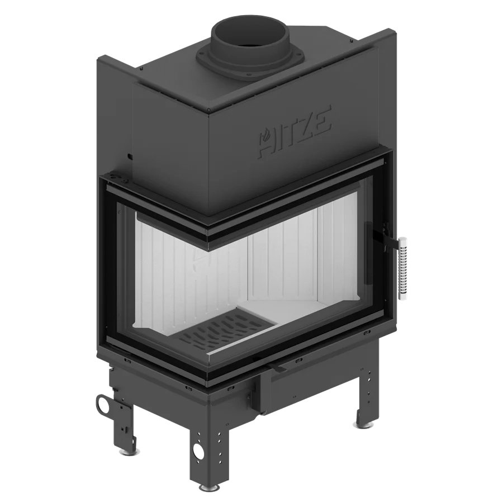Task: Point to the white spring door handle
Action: (403, 268)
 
